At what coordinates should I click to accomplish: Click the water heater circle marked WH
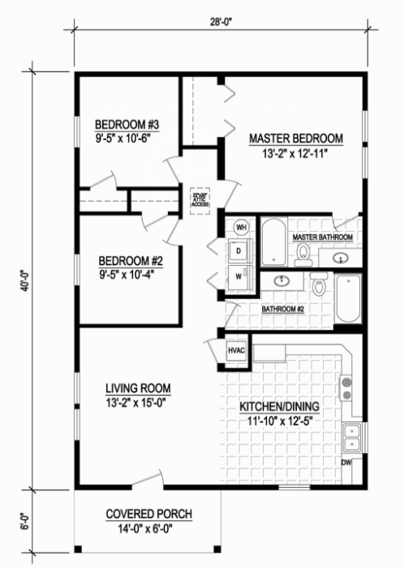[241, 228]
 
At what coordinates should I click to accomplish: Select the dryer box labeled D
[240, 251]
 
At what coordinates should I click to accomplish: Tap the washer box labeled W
[240, 276]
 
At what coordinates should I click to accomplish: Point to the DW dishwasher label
[346, 463]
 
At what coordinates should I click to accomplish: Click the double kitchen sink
[352, 438]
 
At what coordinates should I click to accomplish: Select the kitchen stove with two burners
[347, 388]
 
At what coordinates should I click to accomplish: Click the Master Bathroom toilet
[304, 255]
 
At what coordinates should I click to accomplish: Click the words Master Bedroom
[295, 137]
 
